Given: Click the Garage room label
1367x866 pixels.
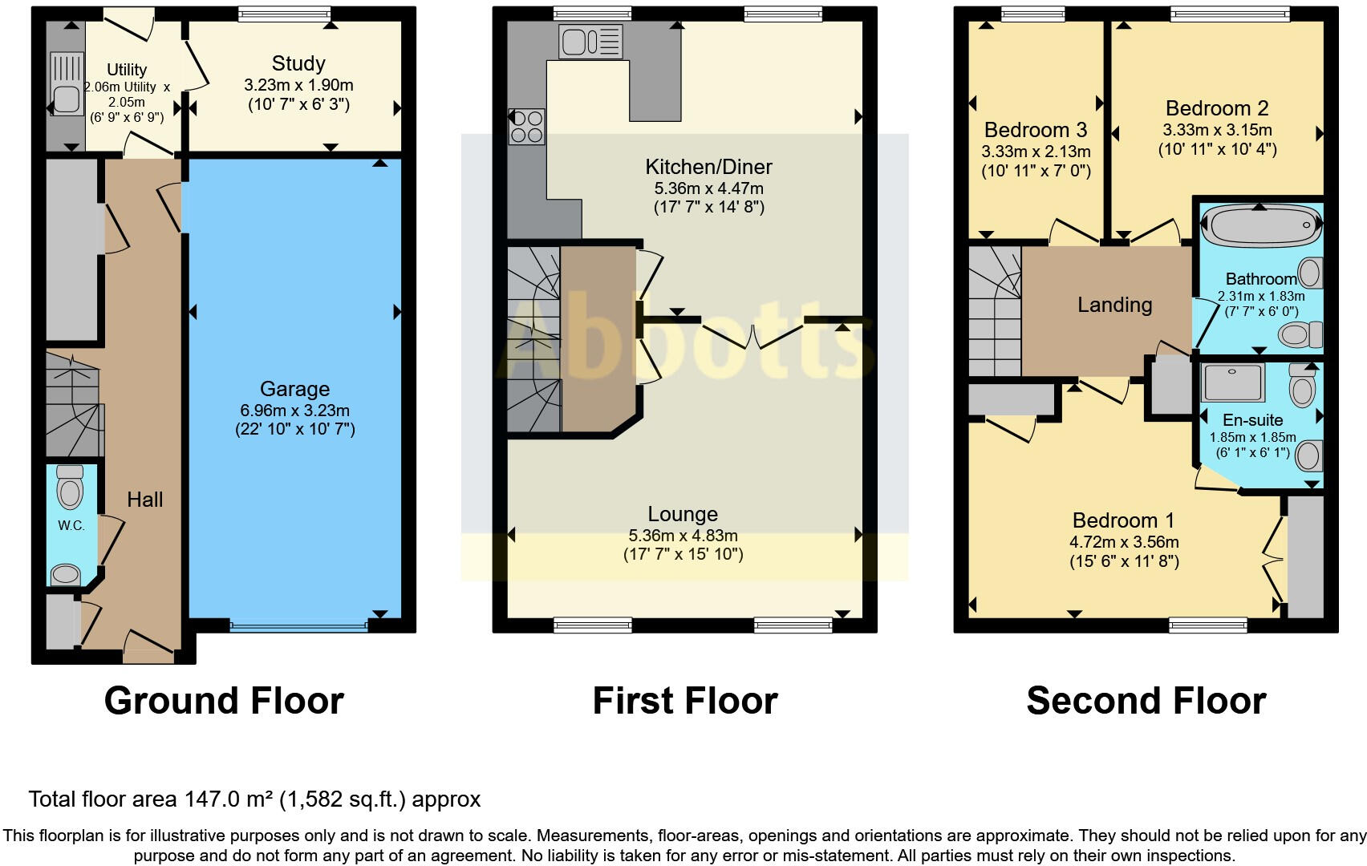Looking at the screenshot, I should click(294, 389).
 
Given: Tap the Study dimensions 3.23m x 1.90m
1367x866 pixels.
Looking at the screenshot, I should click(298, 85).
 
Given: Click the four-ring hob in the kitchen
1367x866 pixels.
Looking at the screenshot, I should click(526, 127).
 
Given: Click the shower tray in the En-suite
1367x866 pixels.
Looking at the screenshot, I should click(1233, 382).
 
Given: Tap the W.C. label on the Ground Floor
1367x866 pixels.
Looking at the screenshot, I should click(71, 526).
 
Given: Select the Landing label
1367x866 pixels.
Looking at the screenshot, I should click(1114, 305).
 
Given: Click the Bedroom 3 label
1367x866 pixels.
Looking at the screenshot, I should click(1036, 130).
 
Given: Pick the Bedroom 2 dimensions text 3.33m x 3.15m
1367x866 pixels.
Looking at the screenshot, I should click(1217, 130).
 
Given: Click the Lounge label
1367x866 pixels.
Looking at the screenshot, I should click(683, 514).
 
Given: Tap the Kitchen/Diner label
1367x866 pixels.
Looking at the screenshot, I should click(708, 167).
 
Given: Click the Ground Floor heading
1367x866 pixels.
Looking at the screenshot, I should click(224, 701).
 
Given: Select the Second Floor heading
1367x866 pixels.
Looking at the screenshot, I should click(1146, 701).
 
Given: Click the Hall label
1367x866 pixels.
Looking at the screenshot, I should click(144, 500).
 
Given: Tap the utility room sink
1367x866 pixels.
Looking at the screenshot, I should click(66, 98).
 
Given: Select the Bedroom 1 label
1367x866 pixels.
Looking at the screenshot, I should click(1115, 520).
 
